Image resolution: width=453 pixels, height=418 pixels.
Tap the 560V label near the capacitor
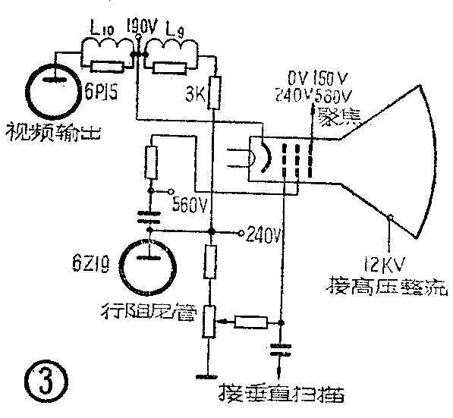(x=191, y=203)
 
